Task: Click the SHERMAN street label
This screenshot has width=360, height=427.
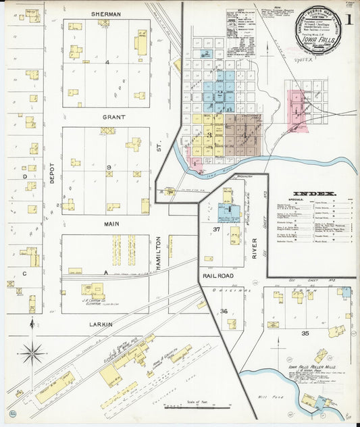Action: pyautogui.click(x=106, y=14)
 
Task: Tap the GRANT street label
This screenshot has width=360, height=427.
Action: pyautogui.click(x=114, y=117)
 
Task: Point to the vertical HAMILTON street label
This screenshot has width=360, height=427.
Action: pyautogui.click(x=159, y=254)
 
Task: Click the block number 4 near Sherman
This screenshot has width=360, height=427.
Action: pyautogui.click(x=107, y=62)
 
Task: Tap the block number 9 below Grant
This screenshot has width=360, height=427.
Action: pyautogui.click(x=108, y=167)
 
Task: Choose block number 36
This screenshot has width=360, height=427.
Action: pyautogui.click(x=223, y=311)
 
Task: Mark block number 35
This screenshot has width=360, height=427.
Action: pyautogui.click(x=305, y=333)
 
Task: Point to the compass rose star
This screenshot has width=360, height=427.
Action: pyautogui.click(x=32, y=351)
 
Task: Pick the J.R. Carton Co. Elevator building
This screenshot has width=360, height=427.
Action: pyautogui.click(x=93, y=290)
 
